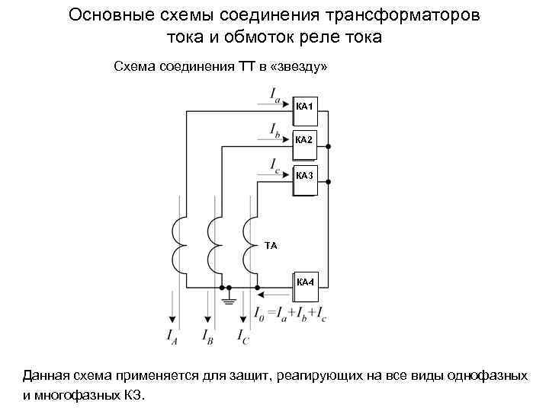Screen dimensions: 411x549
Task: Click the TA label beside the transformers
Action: click(x=271, y=246)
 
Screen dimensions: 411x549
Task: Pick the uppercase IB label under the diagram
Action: click(x=207, y=335)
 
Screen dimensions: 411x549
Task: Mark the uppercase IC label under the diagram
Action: click(x=242, y=335)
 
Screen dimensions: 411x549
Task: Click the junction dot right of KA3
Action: click(x=329, y=183)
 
